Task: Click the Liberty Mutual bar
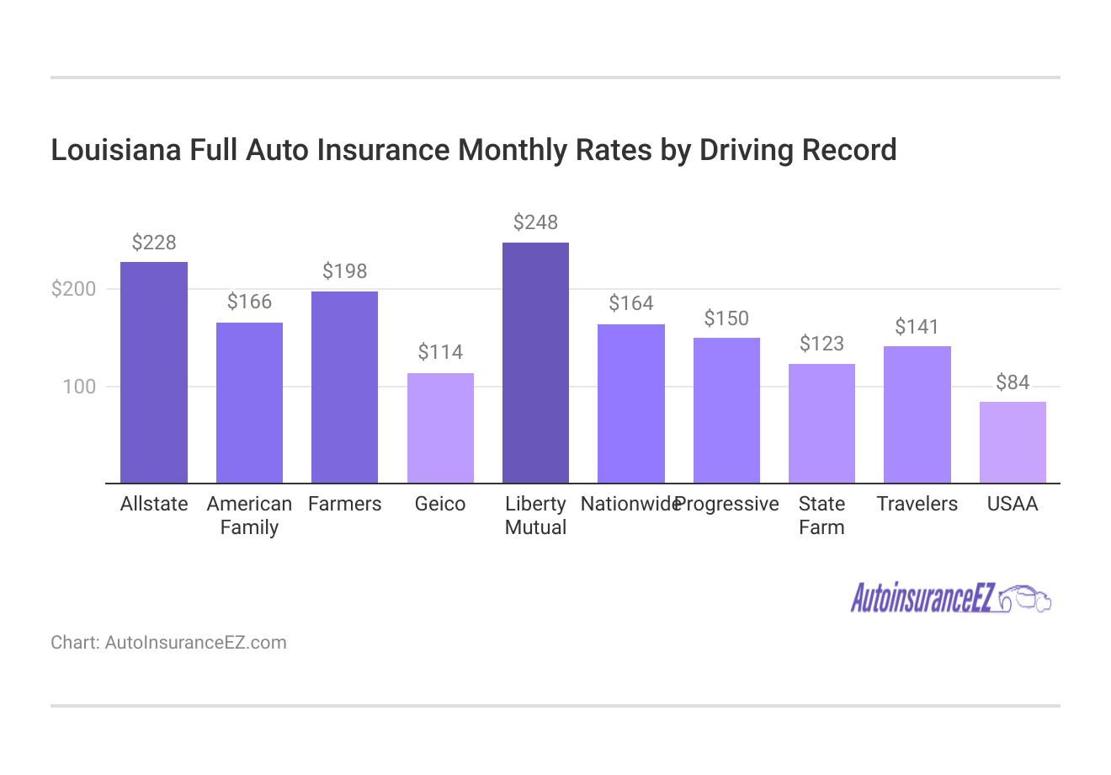[x=535, y=362]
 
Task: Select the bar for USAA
[x=1013, y=442]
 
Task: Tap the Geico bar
[x=440, y=428]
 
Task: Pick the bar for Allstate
[x=154, y=372]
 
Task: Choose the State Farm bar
[x=821, y=424]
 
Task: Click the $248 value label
[x=535, y=222]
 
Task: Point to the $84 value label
[x=1013, y=382]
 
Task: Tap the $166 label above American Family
[x=249, y=302]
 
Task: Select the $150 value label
[x=726, y=318]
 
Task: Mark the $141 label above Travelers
[x=917, y=327]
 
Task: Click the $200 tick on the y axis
[x=74, y=289]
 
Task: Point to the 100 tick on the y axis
[x=80, y=387]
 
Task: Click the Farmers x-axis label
[x=344, y=504]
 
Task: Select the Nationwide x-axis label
[x=630, y=504]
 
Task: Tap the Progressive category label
[x=728, y=504]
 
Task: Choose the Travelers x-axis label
[x=917, y=504]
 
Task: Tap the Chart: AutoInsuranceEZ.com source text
[x=168, y=643]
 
